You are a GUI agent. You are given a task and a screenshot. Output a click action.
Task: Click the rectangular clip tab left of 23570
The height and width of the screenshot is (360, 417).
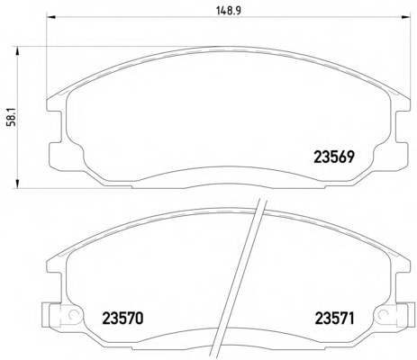pos(48,316)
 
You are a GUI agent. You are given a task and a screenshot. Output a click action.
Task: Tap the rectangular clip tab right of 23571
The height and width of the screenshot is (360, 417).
pos(402,316)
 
